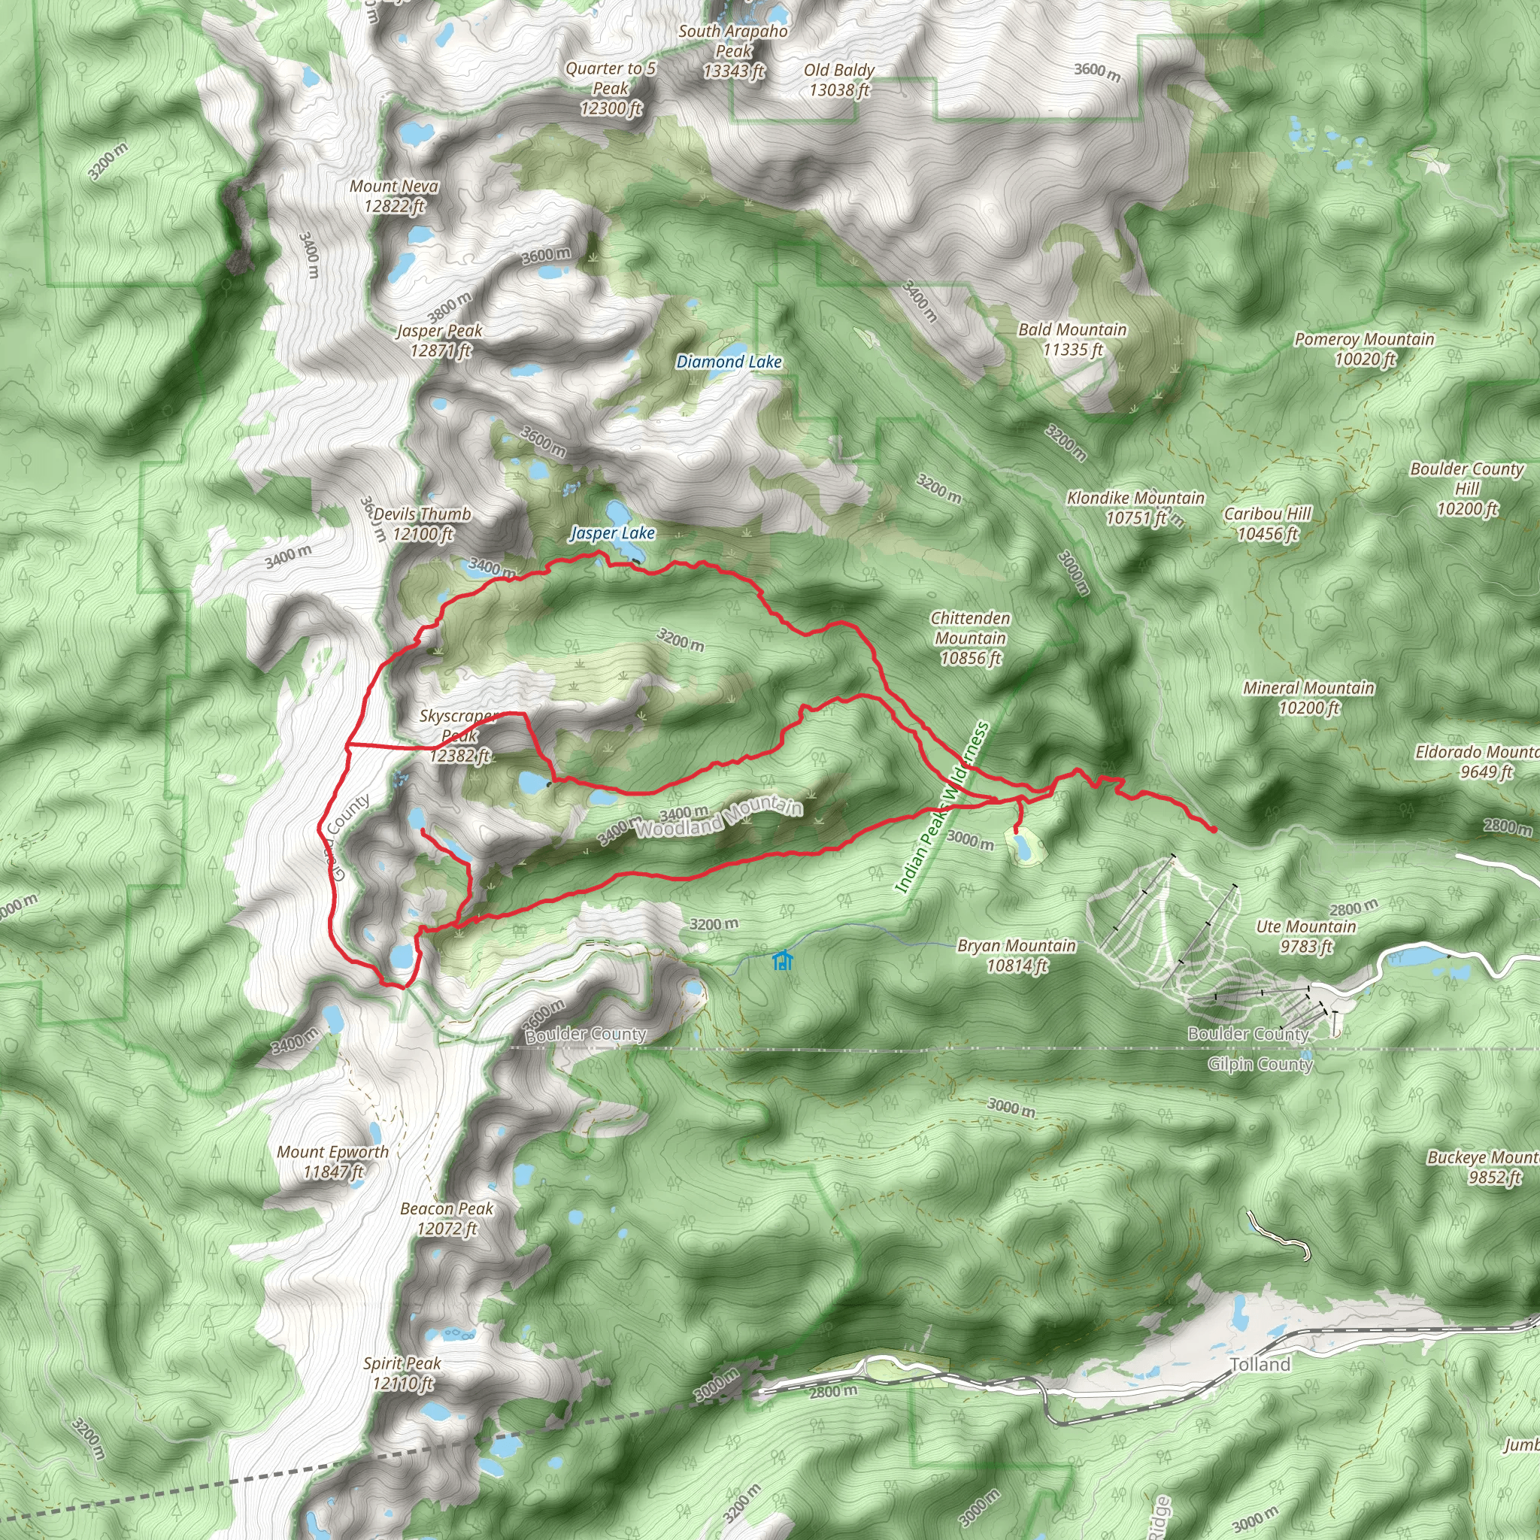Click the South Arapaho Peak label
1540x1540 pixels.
tap(733, 51)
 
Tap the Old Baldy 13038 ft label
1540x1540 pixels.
tap(838, 80)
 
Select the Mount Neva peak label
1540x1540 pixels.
tap(395, 196)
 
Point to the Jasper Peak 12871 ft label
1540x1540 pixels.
tap(440, 341)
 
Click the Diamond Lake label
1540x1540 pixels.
tap(729, 362)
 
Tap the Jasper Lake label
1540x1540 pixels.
tap(612, 533)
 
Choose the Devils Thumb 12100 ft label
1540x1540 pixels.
tap(422, 523)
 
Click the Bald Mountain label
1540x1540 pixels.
tap(1072, 340)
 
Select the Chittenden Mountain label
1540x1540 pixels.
tap(970, 638)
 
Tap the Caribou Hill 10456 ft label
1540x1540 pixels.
tap(1267, 523)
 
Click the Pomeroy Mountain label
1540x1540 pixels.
tap(1364, 349)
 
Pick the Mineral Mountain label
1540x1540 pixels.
tap(1309, 698)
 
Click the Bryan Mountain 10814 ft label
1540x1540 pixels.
tap(1017, 956)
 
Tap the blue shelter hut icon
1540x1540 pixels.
tap(783, 960)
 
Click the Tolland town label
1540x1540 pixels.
tap(1260, 1365)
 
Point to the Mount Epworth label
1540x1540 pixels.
tap(332, 1161)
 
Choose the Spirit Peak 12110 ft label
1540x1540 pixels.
tap(402, 1372)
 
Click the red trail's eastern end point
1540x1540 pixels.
tap(1213, 830)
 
